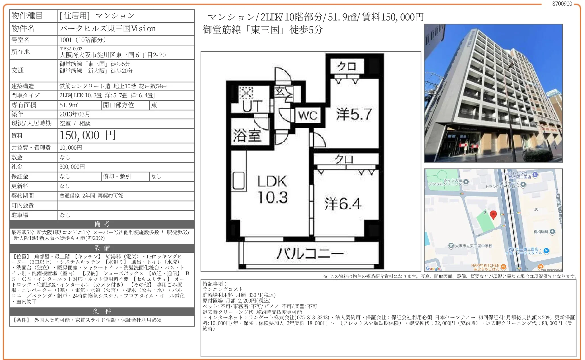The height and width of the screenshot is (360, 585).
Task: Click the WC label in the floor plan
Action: [x=308, y=116]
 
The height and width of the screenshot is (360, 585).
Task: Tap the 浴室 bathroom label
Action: [x=247, y=135]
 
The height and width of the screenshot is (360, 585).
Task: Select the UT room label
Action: [x=252, y=106]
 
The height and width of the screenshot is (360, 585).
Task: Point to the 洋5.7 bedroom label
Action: [x=354, y=114]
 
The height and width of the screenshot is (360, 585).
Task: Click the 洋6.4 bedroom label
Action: [x=343, y=203]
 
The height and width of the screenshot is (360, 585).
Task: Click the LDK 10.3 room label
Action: [x=272, y=189]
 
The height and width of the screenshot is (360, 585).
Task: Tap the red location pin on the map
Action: [x=493, y=215]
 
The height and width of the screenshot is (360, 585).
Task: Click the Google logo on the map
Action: [x=433, y=268]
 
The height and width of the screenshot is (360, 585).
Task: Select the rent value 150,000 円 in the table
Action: [x=88, y=135]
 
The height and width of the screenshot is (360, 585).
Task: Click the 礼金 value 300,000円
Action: [x=72, y=167]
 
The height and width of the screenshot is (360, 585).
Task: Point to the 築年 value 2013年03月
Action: [x=75, y=114]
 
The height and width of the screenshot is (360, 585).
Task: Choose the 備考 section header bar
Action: [x=102, y=224]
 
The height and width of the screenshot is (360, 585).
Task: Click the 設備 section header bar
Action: [x=102, y=248]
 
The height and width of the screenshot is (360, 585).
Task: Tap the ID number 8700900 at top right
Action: [x=562, y=4]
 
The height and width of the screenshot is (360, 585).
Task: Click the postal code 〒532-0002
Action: [x=71, y=49]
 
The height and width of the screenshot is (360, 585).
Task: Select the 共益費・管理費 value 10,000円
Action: [x=71, y=148]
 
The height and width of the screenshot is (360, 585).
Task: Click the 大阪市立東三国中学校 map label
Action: [x=473, y=246]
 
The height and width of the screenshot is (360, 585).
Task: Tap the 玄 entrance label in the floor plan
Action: [x=279, y=92]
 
